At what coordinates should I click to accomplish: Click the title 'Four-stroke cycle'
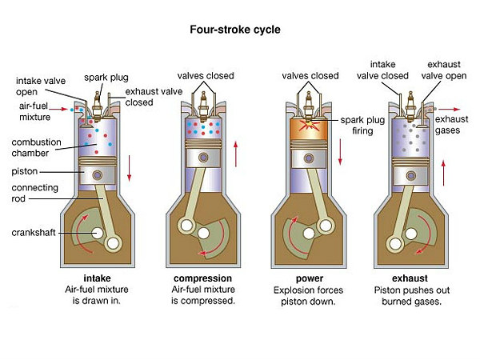235,30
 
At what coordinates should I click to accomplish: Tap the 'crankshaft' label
34,233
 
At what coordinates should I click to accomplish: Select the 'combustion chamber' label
36,147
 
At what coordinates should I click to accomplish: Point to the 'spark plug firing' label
362,126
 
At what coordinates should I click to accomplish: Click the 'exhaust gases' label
451,125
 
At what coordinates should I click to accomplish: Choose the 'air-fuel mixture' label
34,111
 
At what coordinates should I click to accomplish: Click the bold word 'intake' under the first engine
97,278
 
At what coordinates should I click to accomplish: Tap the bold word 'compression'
202,278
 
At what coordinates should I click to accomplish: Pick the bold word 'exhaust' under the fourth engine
410,278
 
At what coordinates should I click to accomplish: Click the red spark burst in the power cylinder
310,126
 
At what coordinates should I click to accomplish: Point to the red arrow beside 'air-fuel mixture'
58,109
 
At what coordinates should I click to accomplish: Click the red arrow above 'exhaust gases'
449,109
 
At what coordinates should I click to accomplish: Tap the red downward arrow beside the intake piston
129,168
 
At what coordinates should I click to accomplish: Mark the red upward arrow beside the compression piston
236,154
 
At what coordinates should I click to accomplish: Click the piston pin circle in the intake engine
98,175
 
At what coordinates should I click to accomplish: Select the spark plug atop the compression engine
203,106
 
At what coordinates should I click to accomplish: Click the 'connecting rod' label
34,193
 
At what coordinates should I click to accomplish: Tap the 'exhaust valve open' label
443,70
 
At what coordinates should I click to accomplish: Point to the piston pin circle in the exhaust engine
411,176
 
